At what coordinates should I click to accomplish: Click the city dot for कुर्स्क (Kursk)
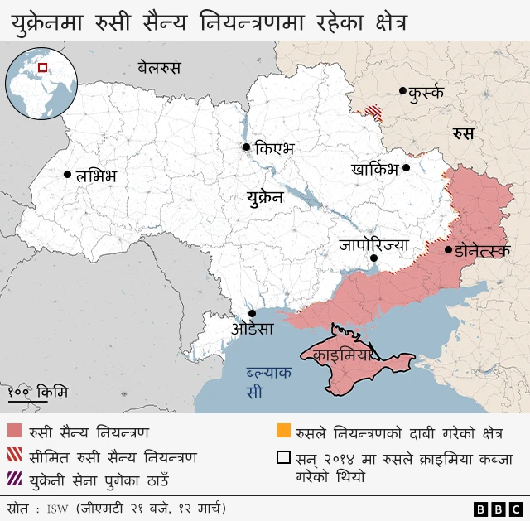point(402,91)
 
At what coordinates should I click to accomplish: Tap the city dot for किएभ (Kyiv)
point(246,147)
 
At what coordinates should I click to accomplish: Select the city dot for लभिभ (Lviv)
point(67,175)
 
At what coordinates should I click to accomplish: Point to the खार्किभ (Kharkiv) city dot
point(407,168)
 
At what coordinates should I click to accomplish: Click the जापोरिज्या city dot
point(373,258)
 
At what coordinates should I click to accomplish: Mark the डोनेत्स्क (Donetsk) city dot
point(448,249)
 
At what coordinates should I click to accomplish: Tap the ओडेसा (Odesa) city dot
point(252,313)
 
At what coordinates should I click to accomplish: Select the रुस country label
point(463,133)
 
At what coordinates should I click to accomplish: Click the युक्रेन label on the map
point(264,198)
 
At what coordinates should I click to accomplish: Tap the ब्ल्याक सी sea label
point(268,382)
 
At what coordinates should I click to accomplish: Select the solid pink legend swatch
point(15,432)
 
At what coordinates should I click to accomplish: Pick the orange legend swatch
point(283,432)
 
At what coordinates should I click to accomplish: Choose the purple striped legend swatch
point(15,478)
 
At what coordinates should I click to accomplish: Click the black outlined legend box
point(283,457)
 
